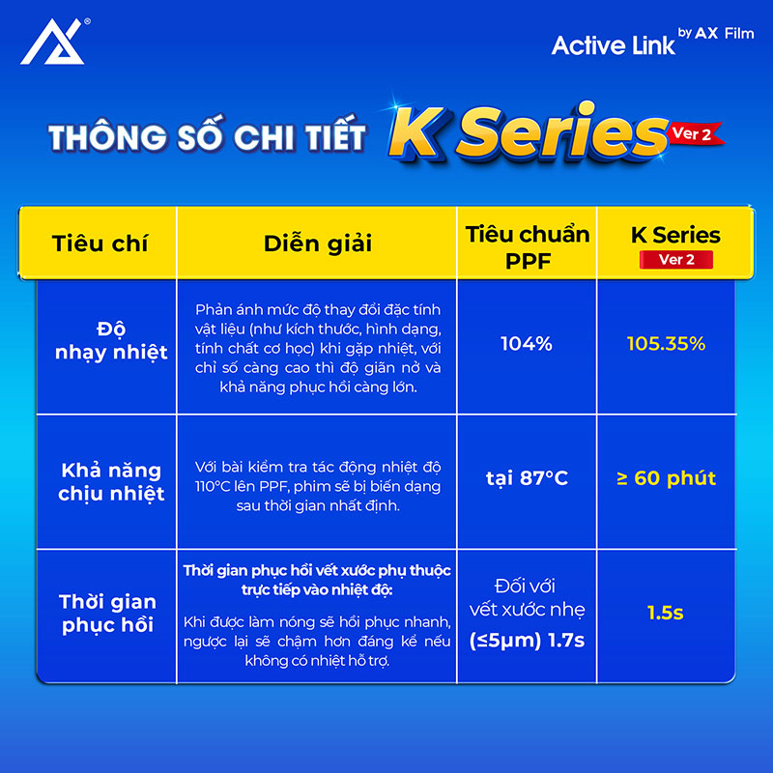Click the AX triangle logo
pyautogui.click(x=52, y=42)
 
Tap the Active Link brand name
pyautogui.click(x=613, y=45)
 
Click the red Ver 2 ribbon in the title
pyautogui.click(x=695, y=133)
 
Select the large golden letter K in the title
pyautogui.click(x=418, y=133)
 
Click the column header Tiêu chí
pyautogui.click(x=100, y=243)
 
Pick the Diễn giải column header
pyautogui.click(x=318, y=243)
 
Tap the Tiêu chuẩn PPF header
pyautogui.click(x=528, y=247)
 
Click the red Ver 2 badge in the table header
pyautogui.click(x=675, y=260)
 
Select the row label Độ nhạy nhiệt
pyautogui.click(x=111, y=341)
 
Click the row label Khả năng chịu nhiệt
pyautogui.click(x=111, y=481)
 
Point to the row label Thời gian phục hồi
pyautogui.click(x=107, y=614)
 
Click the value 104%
pyautogui.click(x=527, y=344)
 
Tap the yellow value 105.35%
pyautogui.click(x=666, y=344)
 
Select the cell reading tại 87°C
pyautogui.click(x=527, y=478)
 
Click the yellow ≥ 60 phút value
pyautogui.click(x=666, y=478)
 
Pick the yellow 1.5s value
pyautogui.click(x=666, y=613)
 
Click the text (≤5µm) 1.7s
pyautogui.click(x=527, y=641)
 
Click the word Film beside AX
pyautogui.click(x=739, y=34)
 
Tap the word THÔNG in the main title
pyautogui.click(x=107, y=137)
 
